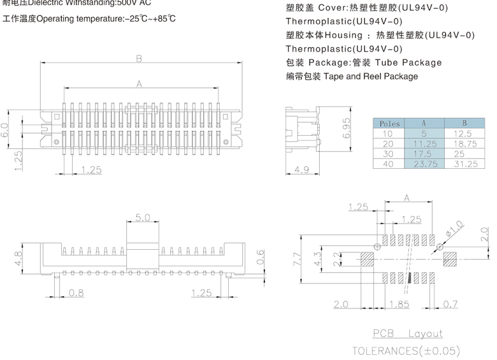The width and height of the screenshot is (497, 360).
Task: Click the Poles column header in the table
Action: pos(389,123)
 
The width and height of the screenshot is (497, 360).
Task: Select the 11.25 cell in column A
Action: pos(424,144)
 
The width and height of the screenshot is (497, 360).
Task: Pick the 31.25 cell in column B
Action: pos(465,164)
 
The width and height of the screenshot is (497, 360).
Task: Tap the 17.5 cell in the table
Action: pos(424,154)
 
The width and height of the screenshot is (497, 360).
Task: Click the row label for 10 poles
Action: pos(388,134)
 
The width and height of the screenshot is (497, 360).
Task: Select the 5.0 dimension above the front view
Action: pos(143,218)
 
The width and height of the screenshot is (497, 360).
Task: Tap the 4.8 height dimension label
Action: pos(18,259)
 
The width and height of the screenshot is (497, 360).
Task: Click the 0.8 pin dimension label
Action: pos(76,293)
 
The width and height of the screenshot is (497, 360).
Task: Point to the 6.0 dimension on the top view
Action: pos(6,131)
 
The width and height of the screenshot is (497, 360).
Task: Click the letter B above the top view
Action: pos(139,59)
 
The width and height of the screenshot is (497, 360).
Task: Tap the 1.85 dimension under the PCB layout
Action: pos(399,305)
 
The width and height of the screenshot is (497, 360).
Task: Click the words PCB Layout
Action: pos(407,333)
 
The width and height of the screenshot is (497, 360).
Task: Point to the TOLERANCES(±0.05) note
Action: pos(405,350)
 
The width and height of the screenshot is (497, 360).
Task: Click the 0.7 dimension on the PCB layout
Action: pos(450,305)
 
